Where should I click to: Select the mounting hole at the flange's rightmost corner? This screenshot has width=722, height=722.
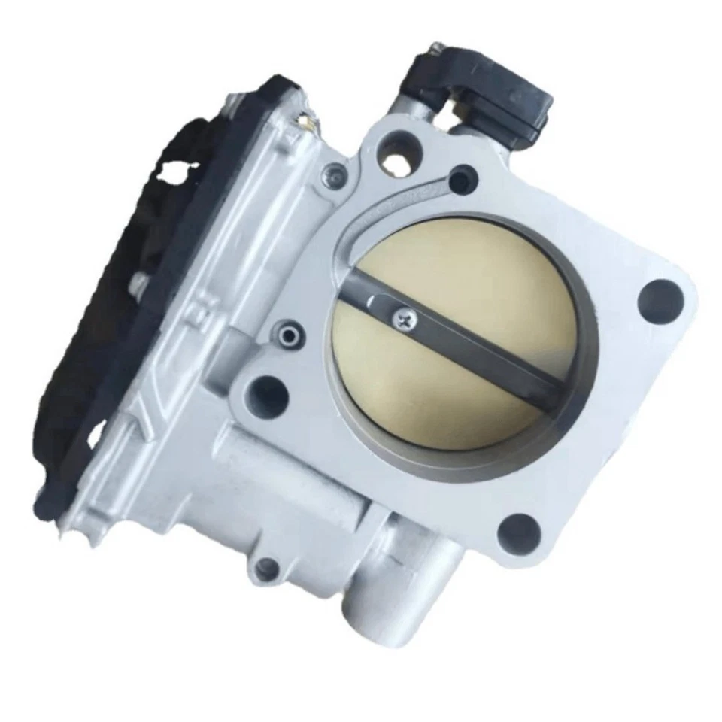660,298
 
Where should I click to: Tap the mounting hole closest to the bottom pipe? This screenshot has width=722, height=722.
518,532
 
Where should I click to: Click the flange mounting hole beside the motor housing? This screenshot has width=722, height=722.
267,396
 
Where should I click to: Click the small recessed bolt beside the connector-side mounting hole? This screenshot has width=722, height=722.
334,177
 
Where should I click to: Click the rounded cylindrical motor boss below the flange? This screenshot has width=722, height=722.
301,474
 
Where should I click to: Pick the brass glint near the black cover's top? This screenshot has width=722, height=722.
304,119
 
